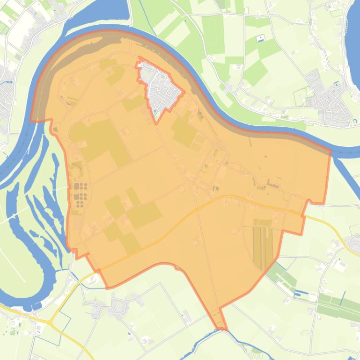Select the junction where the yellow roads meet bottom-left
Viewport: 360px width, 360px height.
point(50,322)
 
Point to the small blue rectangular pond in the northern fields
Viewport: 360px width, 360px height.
point(261,37)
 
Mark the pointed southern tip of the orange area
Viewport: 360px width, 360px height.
point(222,328)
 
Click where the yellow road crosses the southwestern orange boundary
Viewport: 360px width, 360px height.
point(100,270)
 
